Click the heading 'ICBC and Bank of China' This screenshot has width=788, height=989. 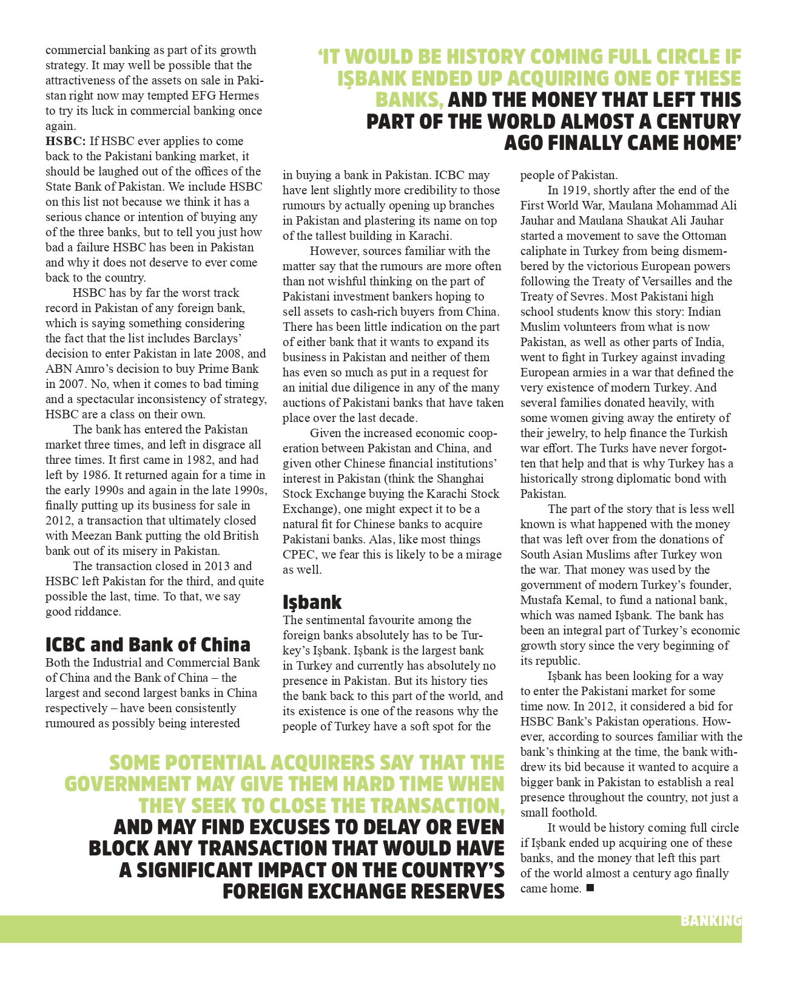[x=147, y=644]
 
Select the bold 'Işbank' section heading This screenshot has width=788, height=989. [x=312, y=602]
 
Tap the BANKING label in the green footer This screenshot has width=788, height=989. [x=710, y=921]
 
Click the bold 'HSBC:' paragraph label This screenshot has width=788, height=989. [x=66, y=141]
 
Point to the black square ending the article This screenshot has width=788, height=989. [x=590, y=888]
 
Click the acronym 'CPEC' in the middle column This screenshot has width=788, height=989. [x=300, y=555]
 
